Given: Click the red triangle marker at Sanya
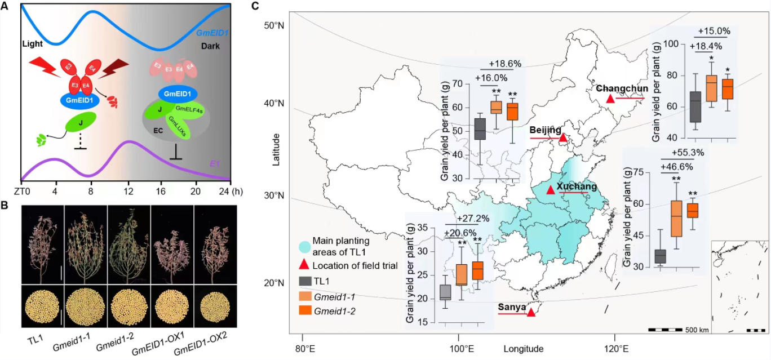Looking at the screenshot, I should click(531, 312).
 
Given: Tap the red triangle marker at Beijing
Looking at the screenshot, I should click(562, 137).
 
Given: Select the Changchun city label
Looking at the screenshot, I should click(618, 88).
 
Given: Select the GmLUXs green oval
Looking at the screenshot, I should click(179, 123).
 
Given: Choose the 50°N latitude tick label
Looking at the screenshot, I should click(276, 26).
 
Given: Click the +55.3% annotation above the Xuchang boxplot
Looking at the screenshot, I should click(689, 152).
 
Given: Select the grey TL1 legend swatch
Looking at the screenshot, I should click(304, 282).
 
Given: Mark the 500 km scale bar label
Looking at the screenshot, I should click(697, 330).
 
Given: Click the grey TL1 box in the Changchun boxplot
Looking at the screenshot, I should click(695, 107).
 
